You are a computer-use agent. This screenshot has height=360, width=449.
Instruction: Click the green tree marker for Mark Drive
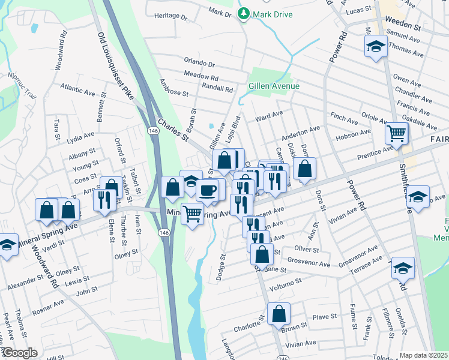coord(243,13)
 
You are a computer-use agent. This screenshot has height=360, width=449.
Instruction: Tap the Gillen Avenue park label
coord(274,86)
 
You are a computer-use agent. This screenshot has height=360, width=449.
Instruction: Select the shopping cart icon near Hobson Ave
coord(396,133)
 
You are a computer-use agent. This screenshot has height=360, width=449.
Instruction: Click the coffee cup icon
coord(208,190)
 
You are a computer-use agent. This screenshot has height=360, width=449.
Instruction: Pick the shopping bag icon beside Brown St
coord(279,314)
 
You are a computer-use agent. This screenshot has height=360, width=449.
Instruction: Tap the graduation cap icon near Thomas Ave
coord(376,46)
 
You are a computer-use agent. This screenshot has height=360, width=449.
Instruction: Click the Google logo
coord(20,353)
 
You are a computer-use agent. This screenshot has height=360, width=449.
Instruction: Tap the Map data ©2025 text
coord(424,355)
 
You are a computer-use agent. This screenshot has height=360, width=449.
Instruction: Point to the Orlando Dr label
coord(199,63)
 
